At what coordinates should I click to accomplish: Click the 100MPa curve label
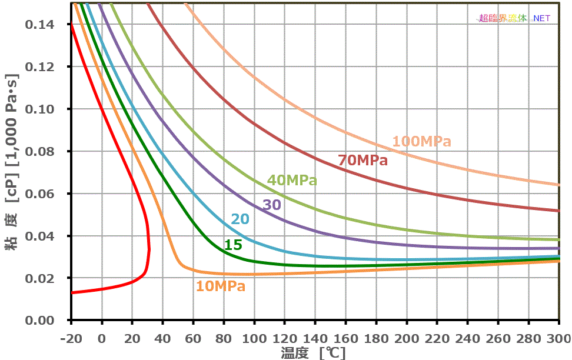422,142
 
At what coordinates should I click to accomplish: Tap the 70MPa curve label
363,160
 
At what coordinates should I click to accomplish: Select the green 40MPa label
292,181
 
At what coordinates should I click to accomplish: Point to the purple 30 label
271,205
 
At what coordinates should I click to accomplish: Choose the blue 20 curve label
240,219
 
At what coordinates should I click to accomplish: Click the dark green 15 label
233,245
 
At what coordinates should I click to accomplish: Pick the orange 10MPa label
221,286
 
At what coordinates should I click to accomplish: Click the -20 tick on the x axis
71,339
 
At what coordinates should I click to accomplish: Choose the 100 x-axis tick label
254,339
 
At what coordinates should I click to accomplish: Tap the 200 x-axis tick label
406,339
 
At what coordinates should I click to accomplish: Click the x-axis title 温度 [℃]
312,353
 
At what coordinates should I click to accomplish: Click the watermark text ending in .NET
514,18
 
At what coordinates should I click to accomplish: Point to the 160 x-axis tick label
345,339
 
